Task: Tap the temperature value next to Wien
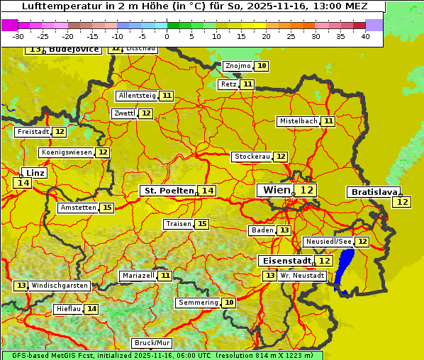306,190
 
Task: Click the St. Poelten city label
169,191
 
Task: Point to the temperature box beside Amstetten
106,208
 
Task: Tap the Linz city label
35,172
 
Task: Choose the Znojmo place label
238,66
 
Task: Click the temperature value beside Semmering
228,303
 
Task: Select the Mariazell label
138,275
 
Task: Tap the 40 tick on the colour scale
365,36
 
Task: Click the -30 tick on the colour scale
18,36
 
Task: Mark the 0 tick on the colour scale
167,36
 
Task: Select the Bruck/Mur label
152,343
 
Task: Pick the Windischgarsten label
60,286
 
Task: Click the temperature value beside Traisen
202,224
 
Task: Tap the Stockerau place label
252,157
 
